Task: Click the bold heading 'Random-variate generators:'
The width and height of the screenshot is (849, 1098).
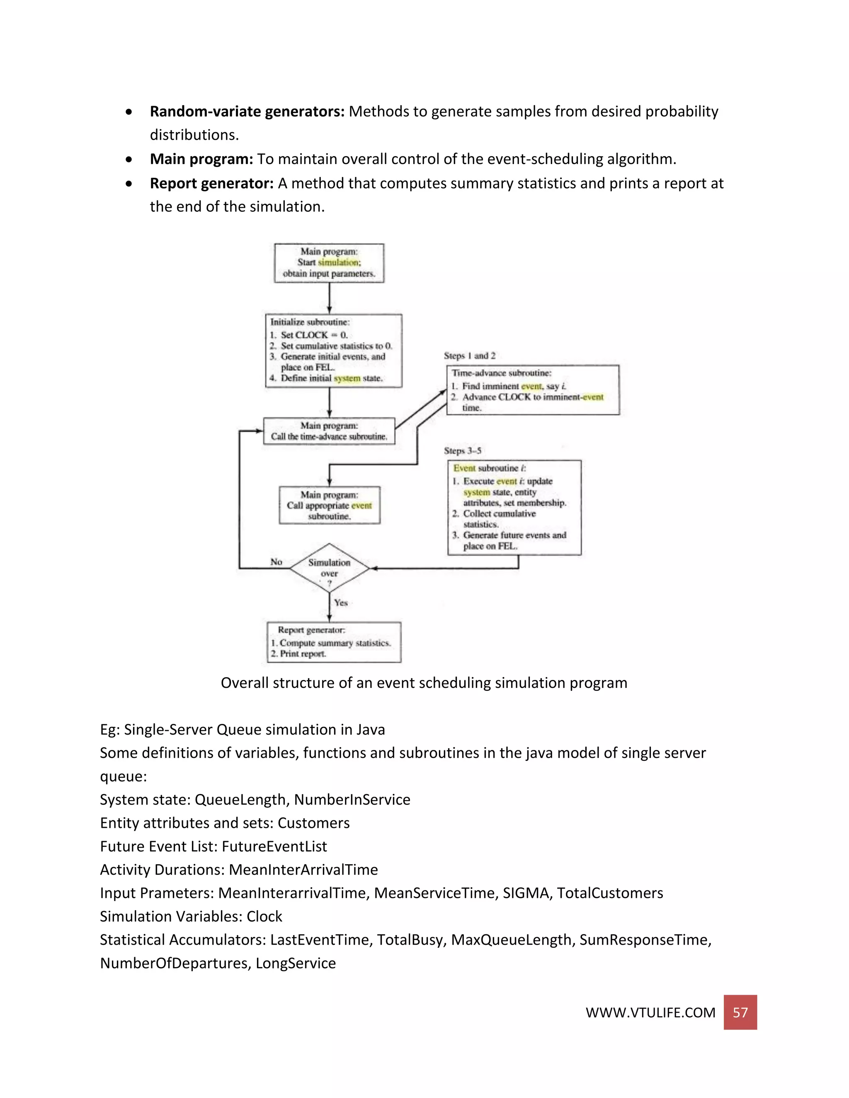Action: (x=247, y=111)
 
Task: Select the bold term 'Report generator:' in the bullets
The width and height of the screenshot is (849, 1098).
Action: (x=211, y=183)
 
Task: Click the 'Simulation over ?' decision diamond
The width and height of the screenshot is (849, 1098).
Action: (x=330, y=568)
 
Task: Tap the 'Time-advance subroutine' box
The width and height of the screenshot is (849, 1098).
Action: (x=533, y=390)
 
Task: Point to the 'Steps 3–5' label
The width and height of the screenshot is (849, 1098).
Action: (x=462, y=450)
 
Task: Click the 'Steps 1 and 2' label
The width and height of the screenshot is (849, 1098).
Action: (x=469, y=356)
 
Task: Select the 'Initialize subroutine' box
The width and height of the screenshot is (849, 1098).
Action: (x=333, y=351)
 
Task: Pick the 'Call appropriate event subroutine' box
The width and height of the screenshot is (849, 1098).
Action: (x=330, y=505)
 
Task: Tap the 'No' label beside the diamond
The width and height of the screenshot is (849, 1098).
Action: (x=276, y=561)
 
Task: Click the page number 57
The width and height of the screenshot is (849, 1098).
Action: (x=740, y=1012)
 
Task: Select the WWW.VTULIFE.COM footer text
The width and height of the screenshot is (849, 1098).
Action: (x=650, y=1013)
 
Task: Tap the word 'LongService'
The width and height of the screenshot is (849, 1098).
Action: (x=295, y=963)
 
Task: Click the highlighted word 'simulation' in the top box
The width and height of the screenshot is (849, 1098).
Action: (x=339, y=262)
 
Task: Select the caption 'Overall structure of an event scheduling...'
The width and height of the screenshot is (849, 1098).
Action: (x=424, y=683)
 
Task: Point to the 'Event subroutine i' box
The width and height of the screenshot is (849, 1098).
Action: (x=514, y=507)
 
